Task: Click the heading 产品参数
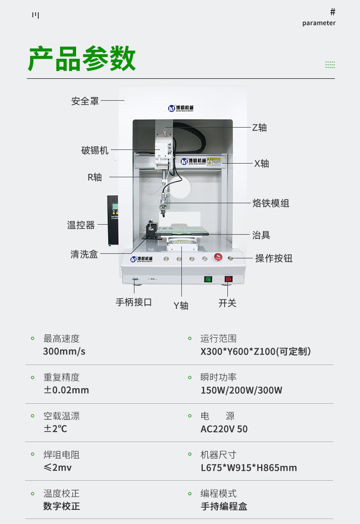tap(82, 59)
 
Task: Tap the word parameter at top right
tap(319, 23)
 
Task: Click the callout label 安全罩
tap(85, 101)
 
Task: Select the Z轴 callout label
tap(259, 128)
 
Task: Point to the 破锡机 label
tap(95, 150)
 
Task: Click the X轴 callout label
tap(261, 164)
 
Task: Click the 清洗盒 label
tap(84, 254)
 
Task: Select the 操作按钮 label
tap(273, 258)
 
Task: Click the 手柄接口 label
tap(134, 302)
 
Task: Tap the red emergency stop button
tap(218, 258)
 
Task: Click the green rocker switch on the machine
tap(208, 279)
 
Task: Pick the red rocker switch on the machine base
tap(229, 279)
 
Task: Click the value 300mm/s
tap(64, 351)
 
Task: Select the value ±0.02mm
tap(66, 390)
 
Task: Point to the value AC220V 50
tap(224, 429)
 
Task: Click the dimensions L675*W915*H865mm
tap(249, 467)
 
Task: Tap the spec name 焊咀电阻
tap(62, 455)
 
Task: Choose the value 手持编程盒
tap(224, 506)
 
